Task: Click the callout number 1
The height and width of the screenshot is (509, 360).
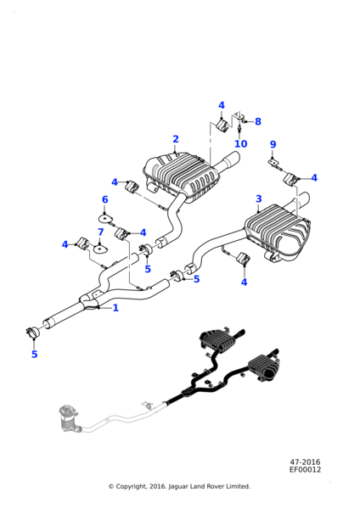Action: pyautogui.click(x=115, y=308)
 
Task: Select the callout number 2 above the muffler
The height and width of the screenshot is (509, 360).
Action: pyautogui.click(x=176, y=139)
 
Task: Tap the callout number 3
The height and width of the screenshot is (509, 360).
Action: pyautogui.click(x=259, y=199)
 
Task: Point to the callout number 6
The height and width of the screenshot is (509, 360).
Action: pyautogui.click(x=105, y=199)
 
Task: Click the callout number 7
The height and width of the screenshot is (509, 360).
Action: pyautogui.click(x=101, y=232)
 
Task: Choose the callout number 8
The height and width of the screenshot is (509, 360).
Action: pyautogui.click(x=257, y=121)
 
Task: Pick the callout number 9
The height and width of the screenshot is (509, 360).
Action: pyautogui.click(x=273, y=144)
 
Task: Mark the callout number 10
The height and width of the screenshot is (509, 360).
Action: pyautogui.click(x=241, y=143)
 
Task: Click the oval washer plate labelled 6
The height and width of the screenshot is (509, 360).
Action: pyautogui.click(x=104, y=218)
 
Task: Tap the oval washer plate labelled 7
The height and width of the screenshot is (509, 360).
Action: pyautogui.click(x=100, y=249)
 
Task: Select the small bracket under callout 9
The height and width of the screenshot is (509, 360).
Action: pyautogui.click(x=273, y=162)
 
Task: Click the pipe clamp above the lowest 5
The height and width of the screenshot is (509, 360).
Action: pyautogui.click(x=32, y=332)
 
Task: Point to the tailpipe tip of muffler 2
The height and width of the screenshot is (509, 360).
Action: pyautogui.click(x=232, y=158)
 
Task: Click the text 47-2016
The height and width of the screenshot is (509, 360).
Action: pyautogui.click(x=305, y=461)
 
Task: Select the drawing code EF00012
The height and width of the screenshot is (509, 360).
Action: pyautogui.click(x=305, y=469)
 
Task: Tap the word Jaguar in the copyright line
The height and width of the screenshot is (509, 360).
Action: pyautogui.click(x=178, y=486)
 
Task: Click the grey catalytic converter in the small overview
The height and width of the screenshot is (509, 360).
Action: pyautogui.click(x=68, y=419)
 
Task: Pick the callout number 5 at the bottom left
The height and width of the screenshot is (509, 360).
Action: pyautogui.click(x=35, y=354)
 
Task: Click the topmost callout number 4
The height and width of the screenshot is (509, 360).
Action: pyautogui.click(x=222, y=105)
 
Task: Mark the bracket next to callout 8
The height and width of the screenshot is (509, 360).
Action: pyautogui.click(x=239, y=117)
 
